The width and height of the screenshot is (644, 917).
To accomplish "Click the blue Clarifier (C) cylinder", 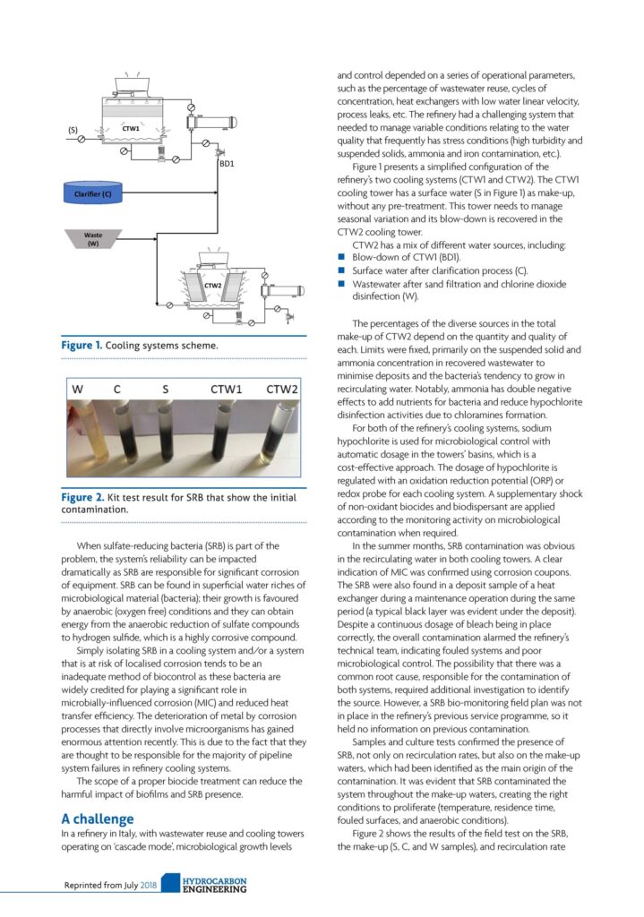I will click(x=93, y=193).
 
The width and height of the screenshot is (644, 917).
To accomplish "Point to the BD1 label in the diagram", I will click(x=226, y=164).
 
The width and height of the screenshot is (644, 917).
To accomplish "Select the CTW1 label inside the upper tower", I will click(x=131, y=129).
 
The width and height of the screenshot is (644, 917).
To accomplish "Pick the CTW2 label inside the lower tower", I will click(x=212, y=286).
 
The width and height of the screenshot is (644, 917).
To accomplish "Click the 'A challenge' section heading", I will click(x=98, y=818).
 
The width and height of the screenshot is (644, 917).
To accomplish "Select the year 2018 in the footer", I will click(x=148, y=887).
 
